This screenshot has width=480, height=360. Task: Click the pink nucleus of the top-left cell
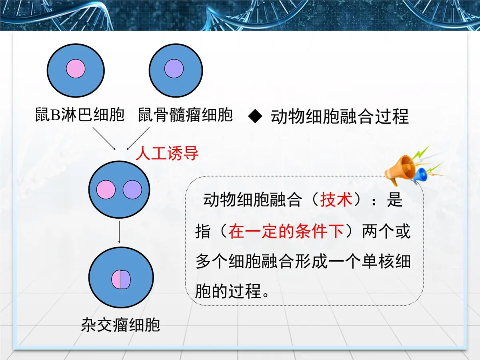coord(76,68)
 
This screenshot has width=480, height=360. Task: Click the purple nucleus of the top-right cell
coord(174,68)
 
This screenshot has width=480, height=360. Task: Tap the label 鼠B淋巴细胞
coord(79,115)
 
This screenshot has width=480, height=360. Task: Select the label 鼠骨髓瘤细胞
coord(185,115)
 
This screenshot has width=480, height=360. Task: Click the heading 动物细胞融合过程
coord(340,117)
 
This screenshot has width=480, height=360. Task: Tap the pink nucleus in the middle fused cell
coord(106,190)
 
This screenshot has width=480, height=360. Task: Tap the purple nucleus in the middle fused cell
coord(132,190)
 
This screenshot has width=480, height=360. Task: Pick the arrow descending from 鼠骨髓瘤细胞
coord(138,138)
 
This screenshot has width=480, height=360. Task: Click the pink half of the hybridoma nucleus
coord(116,280)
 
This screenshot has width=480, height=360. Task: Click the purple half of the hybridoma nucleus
coord(126,280)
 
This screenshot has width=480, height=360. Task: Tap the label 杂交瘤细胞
coord(120,324)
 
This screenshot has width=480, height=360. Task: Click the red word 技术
coord(336,200)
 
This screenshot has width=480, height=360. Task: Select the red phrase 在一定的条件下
coord(286,232)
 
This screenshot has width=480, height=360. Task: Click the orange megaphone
coord(400,170)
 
